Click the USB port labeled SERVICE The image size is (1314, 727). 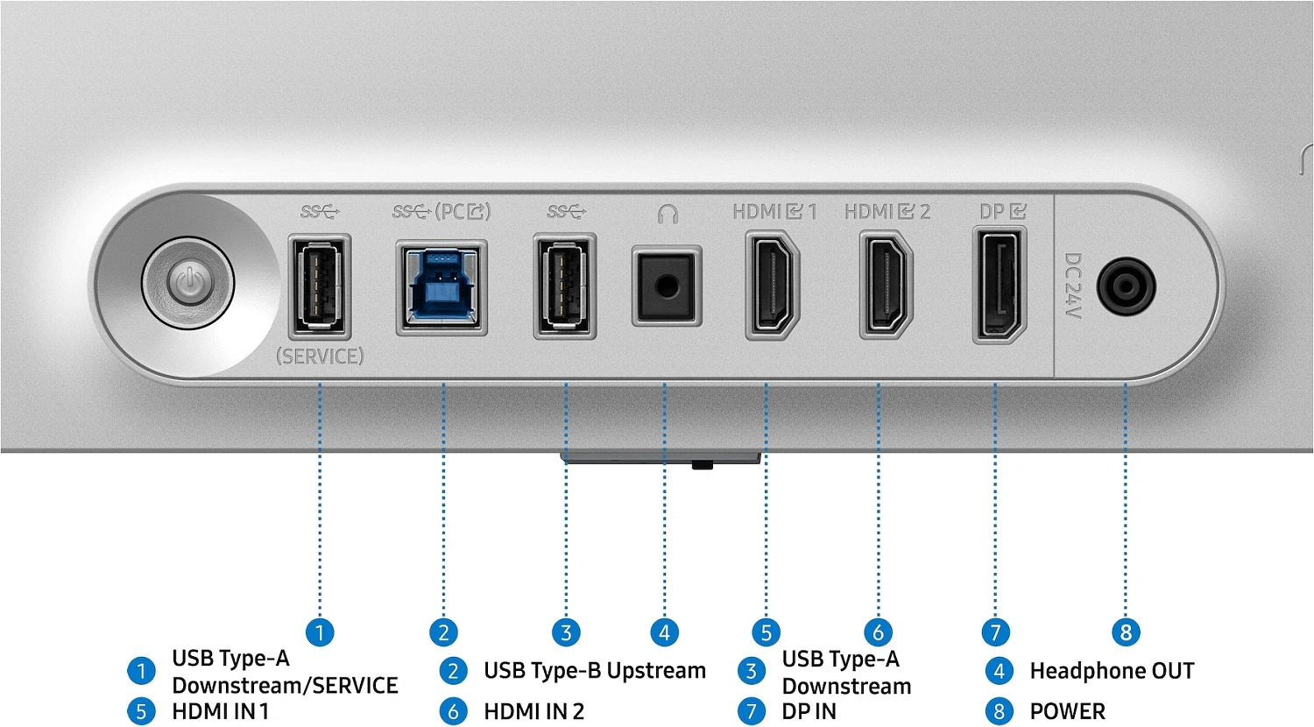[320, 287]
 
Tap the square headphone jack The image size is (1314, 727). [667, 286]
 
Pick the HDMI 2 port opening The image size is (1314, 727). [886, 286]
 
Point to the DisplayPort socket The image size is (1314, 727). [1000, 286]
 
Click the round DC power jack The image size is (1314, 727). [1127, 286]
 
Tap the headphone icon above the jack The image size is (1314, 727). [668, 214]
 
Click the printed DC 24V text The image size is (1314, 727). [1073, 286]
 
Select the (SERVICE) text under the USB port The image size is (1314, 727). [320, 356]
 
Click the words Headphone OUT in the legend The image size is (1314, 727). [1113, 671]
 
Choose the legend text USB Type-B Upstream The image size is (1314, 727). [595, 671]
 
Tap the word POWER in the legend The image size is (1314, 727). [1068, 711]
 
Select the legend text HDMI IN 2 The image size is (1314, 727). [533, 711]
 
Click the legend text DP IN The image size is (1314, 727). [809, 711]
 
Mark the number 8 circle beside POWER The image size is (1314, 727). [999, 712]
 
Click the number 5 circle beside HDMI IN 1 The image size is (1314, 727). [141, 712]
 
